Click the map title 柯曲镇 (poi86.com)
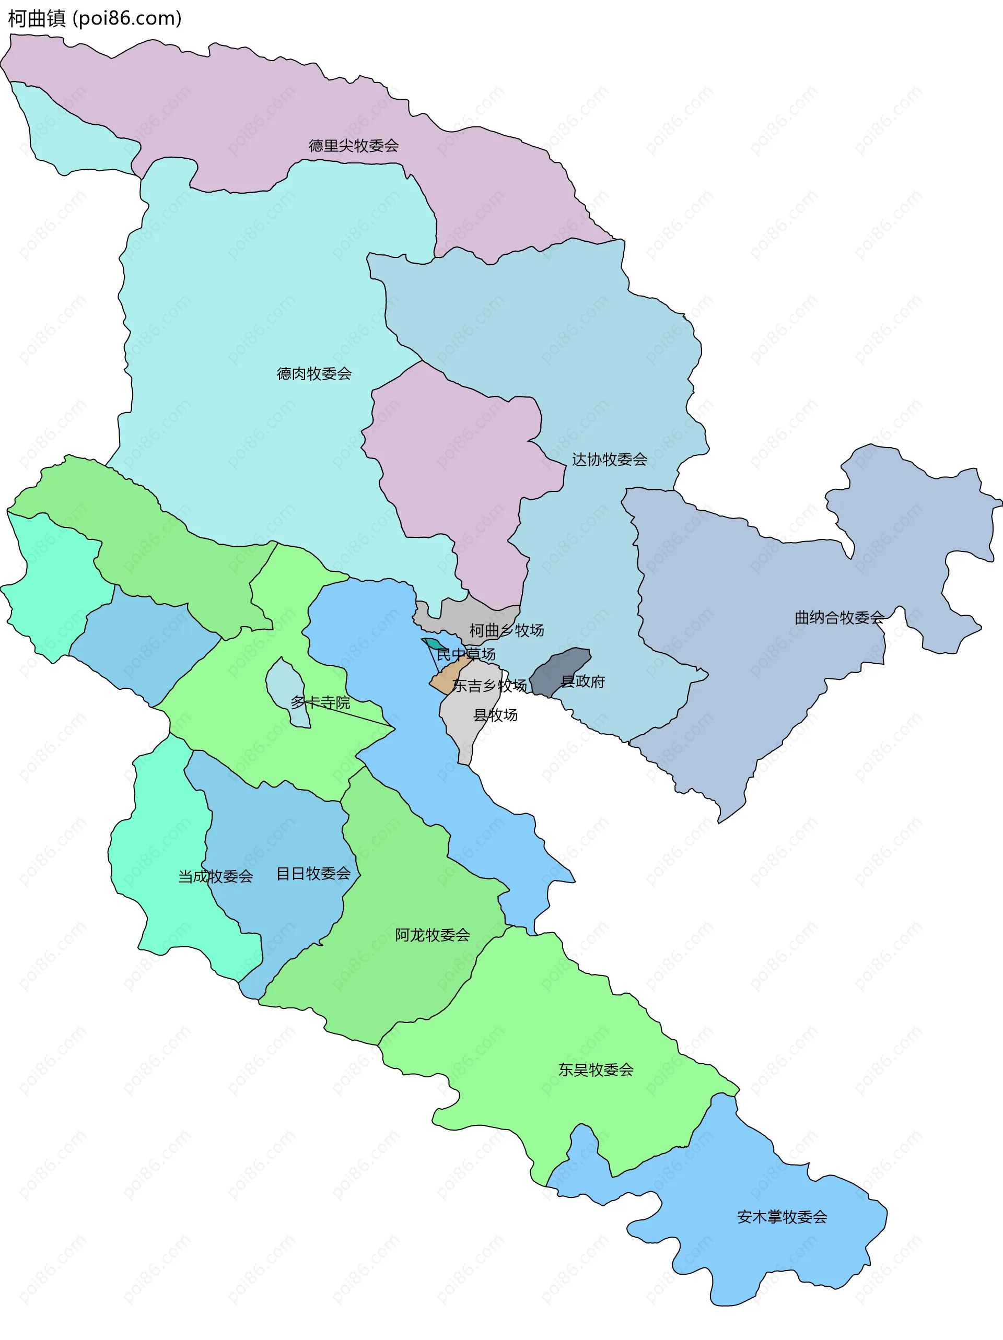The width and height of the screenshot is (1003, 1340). (x=95, y=19)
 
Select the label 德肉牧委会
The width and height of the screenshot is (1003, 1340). (x=314, y=374)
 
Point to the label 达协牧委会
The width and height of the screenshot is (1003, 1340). (x=609, y=460)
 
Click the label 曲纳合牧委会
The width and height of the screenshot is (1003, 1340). (x=839, y=618)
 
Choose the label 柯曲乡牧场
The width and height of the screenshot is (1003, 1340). (x=506, y=631)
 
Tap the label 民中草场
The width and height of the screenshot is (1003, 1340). (x=465, y=654)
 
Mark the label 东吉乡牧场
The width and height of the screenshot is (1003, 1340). (x=489, y=686)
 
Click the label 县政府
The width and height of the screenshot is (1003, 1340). (x=583, y=682)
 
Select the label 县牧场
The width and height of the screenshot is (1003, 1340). (x=495, y=715)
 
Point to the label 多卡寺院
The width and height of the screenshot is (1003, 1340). (x=320, y=703)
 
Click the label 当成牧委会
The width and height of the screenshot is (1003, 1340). (x=215, y=877)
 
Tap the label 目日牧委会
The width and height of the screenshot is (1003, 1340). (x=313, y=874)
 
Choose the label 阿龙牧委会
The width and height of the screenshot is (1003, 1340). (x=432, y=935)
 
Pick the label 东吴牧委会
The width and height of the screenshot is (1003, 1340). (x=595, y=1070)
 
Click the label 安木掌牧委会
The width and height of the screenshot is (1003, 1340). (x=782, y=1217)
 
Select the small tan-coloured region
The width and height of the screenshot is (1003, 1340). (x=447, y=680)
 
